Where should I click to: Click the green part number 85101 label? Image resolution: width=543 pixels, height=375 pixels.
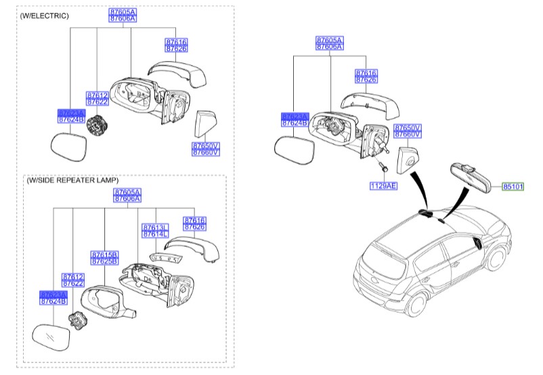513,185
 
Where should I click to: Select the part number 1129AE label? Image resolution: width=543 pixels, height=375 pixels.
383,184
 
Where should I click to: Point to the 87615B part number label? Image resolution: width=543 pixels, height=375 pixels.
104,254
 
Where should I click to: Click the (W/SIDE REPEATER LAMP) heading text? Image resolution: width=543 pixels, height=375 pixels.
72,180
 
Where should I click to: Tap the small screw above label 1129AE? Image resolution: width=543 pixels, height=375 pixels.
381,165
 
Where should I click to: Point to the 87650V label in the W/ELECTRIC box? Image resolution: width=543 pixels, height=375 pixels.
206,145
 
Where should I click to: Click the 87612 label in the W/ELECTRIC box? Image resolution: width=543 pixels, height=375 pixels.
97,95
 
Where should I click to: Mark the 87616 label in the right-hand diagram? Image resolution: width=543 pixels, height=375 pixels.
366,73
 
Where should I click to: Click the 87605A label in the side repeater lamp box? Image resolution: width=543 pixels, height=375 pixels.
127,192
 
